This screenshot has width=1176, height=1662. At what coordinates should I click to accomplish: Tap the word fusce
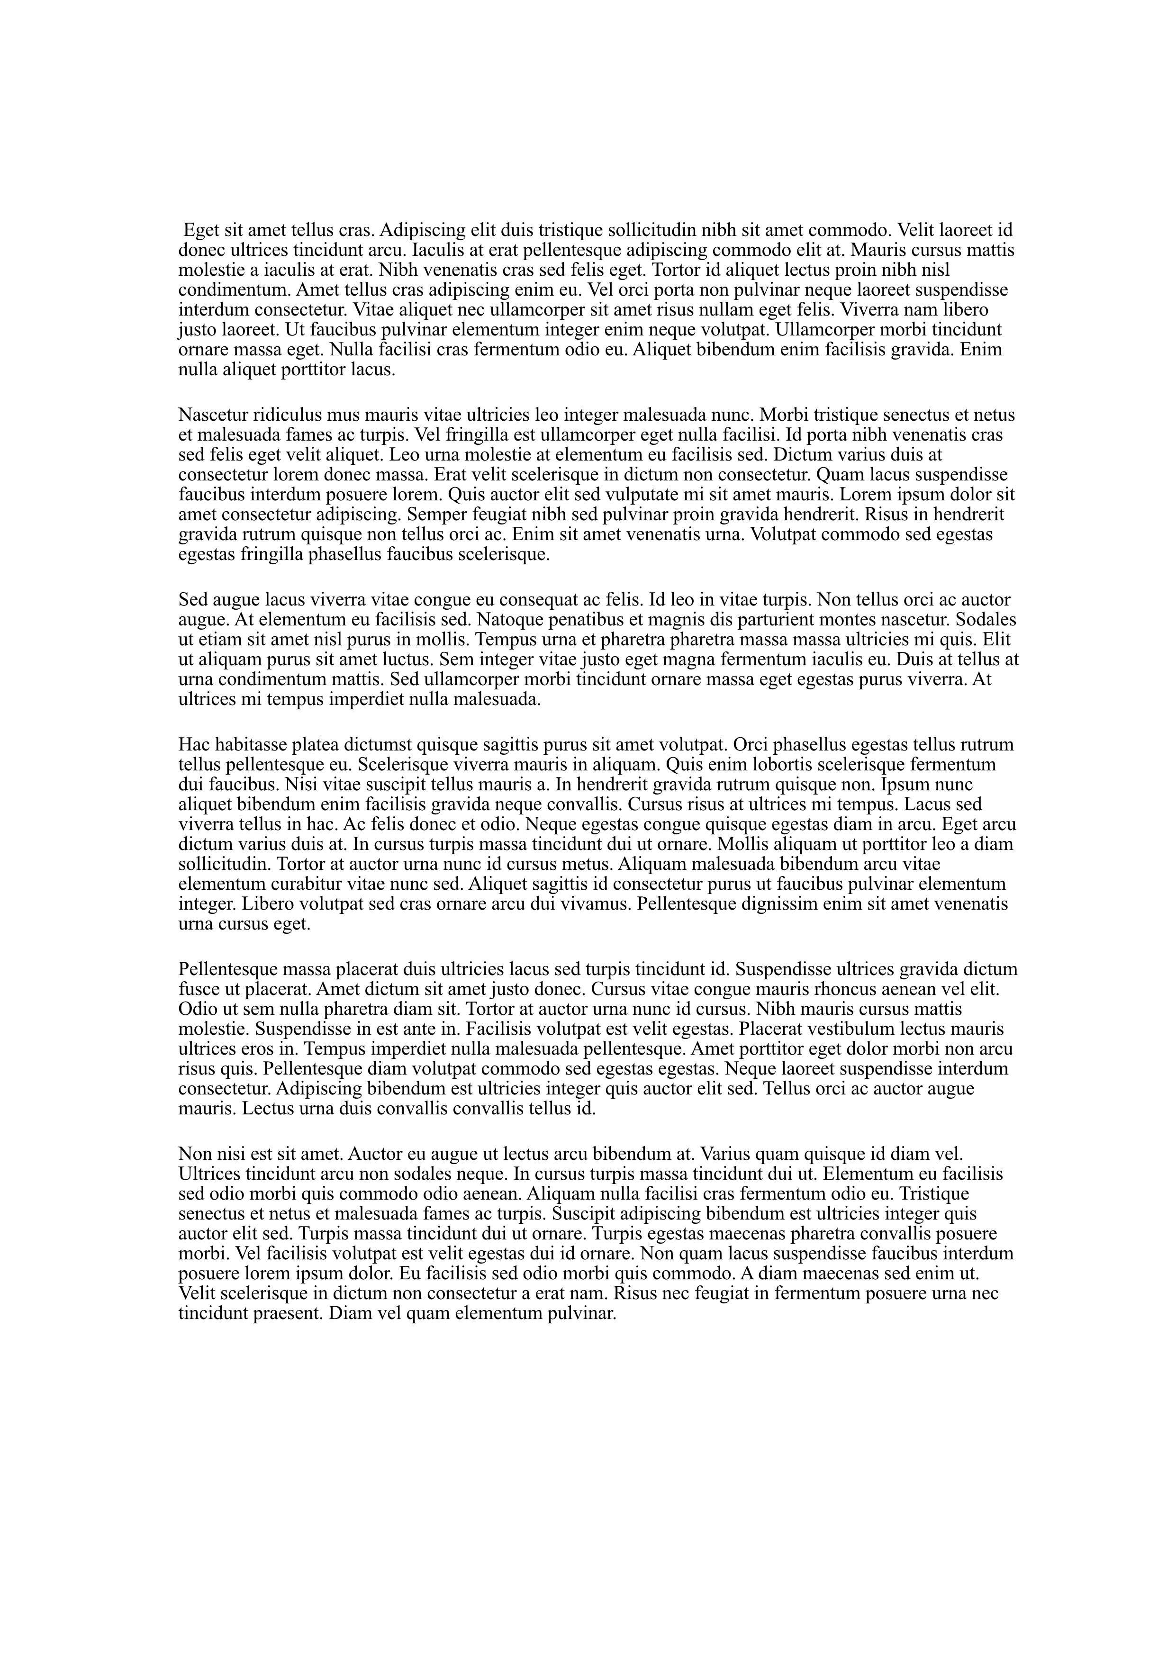(198, 990)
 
